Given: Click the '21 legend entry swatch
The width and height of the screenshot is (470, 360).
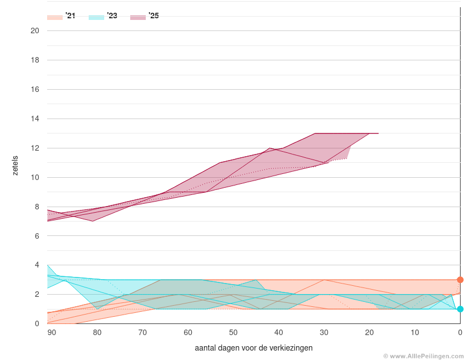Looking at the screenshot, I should pyautogui.click(x=55, y=17).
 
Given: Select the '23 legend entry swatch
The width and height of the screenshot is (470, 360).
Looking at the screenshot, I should pyautogui.click(x=96, y=17).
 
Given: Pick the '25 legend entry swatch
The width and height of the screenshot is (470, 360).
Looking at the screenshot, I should pyautogui.click(x=138, y=17).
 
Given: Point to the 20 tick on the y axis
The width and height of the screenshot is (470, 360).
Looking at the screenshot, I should pyautogui.click(x=35, y=30).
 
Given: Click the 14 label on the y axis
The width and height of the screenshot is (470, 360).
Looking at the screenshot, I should pyautogui.click(x=35, y=119).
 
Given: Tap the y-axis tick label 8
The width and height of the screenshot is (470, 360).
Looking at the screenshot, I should pyautogui.click(x=37, y=207).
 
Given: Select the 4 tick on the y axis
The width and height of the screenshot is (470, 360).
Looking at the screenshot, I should pyautogui.click(x=37, y=265).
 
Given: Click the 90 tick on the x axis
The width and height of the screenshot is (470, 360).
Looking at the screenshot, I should pyautogui.click(x=52, y=332).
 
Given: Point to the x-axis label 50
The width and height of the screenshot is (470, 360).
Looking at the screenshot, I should pyautogui.click(x=233, y=332).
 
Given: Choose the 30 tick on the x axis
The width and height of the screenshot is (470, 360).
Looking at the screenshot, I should pyautogui.click(x=324, y=332).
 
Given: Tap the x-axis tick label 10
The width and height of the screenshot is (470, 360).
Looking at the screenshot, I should pyautogui.click(x=415, y=332).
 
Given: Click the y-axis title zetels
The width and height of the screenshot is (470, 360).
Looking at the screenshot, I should pyautogui.click(x=16, y=166).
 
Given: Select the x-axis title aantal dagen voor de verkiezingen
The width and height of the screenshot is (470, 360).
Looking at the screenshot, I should pyautogui.click(x=254, y=348).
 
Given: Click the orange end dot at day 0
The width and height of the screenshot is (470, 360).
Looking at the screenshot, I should pyautogui.click(x=460, y=280).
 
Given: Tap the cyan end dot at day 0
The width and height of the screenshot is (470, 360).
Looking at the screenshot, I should pyautogui.click(x=460, y=309).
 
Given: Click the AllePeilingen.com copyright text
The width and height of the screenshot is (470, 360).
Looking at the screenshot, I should pyautogui.click(x=423, y=356).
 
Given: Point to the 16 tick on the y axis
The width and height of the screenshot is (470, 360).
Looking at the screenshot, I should pyautogui.click(x=35, y=89).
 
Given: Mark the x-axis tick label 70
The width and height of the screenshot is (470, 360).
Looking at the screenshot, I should pyautogui.click(x=142, y=332).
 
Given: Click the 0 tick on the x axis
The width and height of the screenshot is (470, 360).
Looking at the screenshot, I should pyautogui.click(x=460, y=332).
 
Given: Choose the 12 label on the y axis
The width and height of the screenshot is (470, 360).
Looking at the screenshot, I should pyautogui.click(x=35, y=148).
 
